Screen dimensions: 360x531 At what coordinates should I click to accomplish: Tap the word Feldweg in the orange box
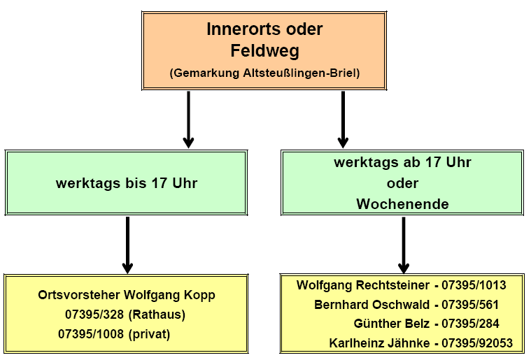coord(264,50)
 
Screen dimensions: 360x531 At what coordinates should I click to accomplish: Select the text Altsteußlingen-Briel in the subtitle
coord(305,73)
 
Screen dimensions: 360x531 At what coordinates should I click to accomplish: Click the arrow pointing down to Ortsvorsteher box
coord(127,245)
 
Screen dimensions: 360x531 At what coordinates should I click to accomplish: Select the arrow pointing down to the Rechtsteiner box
coord(403,245)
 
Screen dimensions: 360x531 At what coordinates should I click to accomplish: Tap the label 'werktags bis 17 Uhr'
coord(127,184)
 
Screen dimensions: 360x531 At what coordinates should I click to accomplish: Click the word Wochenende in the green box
coord(402,204)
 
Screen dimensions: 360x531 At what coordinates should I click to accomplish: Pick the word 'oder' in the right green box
coord(402,183)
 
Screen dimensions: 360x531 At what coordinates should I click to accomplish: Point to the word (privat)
coord(150,334)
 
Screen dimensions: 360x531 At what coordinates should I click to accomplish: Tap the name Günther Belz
coord(388,324)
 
